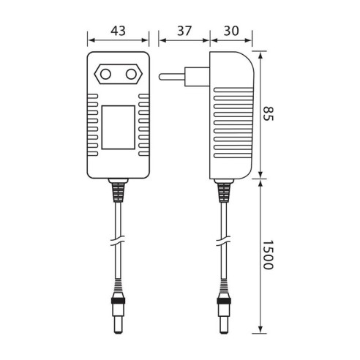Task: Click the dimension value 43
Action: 117,32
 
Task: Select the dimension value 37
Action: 184,32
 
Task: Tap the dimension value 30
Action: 231,32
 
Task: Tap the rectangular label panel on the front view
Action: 118,125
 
